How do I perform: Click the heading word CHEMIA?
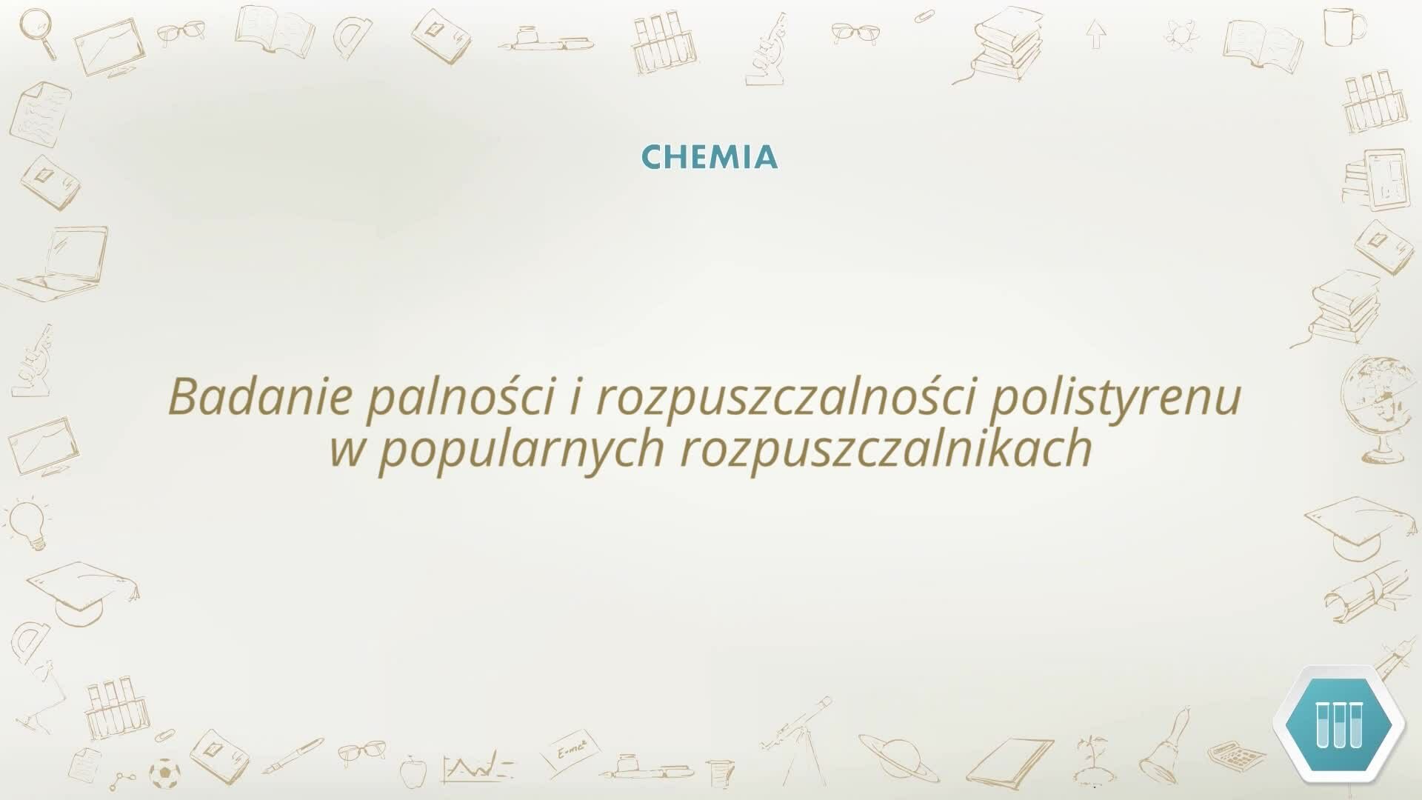[x=710, y=157]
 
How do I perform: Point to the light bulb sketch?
[x=28, y=522]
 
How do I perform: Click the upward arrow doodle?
[x=1096, y=34]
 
